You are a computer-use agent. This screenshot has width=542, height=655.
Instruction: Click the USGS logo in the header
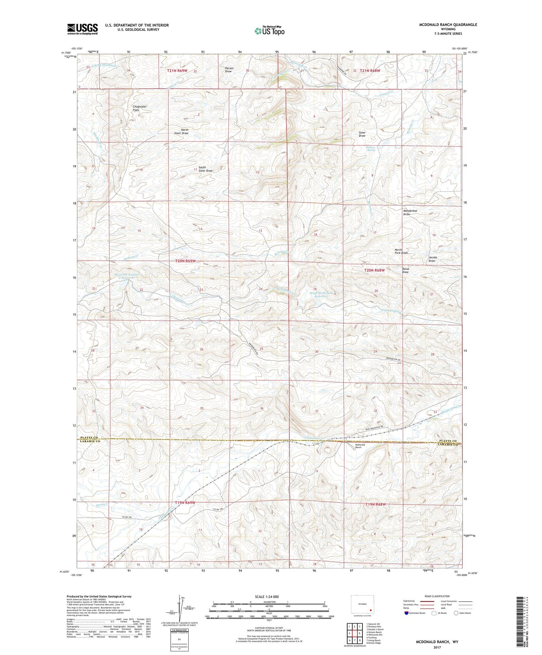(82, 29)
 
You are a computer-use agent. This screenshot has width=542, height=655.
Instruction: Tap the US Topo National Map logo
(269, 30)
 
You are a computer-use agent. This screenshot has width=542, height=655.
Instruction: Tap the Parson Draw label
(229, 70)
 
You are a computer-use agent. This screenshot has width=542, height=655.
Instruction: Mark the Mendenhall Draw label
(410, 212)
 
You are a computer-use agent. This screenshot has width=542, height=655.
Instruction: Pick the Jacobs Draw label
(433, 259)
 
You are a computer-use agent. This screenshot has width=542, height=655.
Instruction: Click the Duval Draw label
(405, 271)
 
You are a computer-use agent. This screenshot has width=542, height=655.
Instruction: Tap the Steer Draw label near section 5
(362, 134)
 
